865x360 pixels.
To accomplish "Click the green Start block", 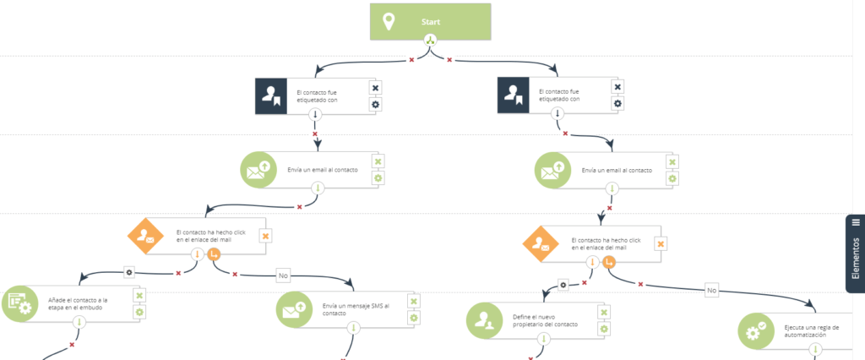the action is coord(430,22).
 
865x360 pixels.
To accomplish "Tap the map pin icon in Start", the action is coord(389,22).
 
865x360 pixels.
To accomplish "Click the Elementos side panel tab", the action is coord(855,254).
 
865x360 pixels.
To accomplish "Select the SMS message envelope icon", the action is coord(292,310).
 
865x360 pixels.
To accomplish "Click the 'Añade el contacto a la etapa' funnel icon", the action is coord(19,304).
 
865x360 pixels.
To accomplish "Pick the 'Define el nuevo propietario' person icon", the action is coord(483,321).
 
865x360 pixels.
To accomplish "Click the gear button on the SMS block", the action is coord(414,318).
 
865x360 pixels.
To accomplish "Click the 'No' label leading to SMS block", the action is coord(284,274).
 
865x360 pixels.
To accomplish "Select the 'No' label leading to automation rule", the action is coord(711,289).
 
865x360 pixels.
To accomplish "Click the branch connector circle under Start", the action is coord(430,41).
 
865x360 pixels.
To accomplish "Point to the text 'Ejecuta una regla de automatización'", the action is coord(812,331).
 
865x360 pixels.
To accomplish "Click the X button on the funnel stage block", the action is coord(139,296).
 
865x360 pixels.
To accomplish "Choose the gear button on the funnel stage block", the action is coord(139,313).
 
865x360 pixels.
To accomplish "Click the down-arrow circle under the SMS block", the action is coord(354,328).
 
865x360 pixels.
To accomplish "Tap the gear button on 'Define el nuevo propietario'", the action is coord(605,329).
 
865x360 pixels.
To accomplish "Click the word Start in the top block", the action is coord(430,23).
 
